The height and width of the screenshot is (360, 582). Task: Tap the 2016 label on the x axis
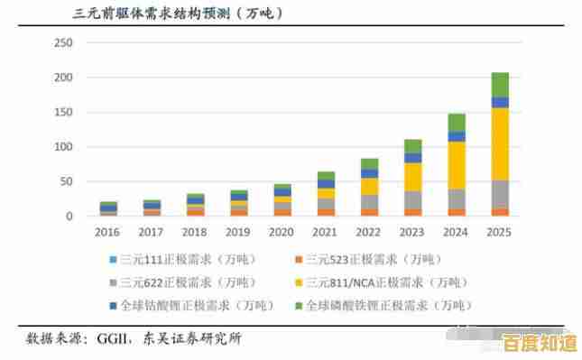tap(108, 231)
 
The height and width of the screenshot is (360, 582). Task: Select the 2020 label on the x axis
tap(282, 231)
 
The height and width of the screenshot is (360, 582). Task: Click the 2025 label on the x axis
tap(500, 231)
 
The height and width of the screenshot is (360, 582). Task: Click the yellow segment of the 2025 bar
tap(500, 144)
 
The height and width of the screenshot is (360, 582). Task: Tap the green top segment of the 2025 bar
tap(500, 84)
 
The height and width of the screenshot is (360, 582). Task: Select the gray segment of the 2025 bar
tap(500, 194)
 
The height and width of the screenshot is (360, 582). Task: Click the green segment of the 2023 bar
tap(413, 145)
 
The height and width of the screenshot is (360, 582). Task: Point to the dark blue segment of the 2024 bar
tap(457, 136)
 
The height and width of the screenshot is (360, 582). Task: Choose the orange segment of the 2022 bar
tap(370, 212)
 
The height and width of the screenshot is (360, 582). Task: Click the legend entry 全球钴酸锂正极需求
tap(172, 305)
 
